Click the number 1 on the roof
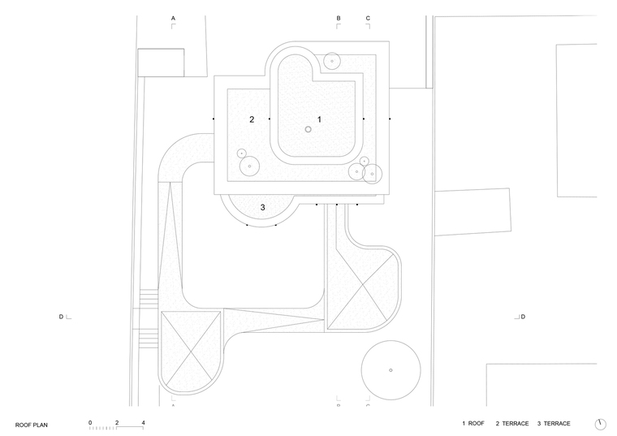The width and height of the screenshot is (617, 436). [x=319, y=119]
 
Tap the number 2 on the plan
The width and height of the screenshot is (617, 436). [x=252, y=119]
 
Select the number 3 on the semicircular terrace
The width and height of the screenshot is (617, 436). [x=262, y=207]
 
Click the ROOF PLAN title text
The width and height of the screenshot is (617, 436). [x=32, y=425]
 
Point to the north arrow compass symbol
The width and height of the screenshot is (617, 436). [x=600, y=424]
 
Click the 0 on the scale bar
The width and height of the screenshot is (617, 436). [x=90, y=423]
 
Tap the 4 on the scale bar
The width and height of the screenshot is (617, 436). [x=143, y=423]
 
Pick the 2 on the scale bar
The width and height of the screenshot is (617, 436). [x=117, y=423]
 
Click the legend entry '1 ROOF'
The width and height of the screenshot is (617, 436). [x=473, y=423]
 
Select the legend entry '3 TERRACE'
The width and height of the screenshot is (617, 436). [x=554, y=423]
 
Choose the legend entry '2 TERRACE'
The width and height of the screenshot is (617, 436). [x=512, y=423]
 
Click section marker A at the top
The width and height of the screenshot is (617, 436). [x=173, y=18]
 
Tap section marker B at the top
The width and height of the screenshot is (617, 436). [x=339, y=18]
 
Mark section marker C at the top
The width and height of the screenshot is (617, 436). [x=368, y=18]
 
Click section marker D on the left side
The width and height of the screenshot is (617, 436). [x=61, y=317]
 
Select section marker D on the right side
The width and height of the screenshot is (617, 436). [x=523, y=317]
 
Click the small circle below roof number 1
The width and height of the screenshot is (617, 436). [x=308, y=129]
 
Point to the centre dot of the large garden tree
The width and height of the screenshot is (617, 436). [x=390, y=370]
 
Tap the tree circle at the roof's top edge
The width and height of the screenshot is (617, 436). [x=332, y=53]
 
